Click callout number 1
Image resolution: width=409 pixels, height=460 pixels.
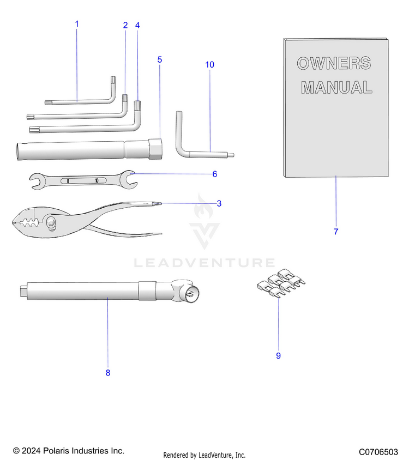(x=77, y=24)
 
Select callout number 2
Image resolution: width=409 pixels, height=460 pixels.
(x=125, y=26)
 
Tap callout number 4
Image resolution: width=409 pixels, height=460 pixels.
(x=137, y=26)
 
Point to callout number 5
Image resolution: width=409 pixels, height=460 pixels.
(x=159, y=59)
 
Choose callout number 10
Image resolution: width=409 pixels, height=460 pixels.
(x=209, y=65)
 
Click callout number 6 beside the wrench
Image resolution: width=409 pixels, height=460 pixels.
(x=215, y=174)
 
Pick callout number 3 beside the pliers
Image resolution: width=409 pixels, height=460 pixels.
(x=219, y=204)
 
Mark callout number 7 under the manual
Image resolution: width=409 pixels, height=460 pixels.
(x=336, y=232)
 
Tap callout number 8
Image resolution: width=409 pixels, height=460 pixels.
(x=107, y=373)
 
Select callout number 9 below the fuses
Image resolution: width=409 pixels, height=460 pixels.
(x=278, y=356)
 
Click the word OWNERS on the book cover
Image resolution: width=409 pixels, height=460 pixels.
(x=334, y=63)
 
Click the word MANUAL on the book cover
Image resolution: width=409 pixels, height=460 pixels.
(x=336, y=87)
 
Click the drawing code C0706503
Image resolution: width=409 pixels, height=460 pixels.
(x=378, y=452)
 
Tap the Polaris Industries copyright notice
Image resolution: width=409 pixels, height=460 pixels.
(x=69, y=451)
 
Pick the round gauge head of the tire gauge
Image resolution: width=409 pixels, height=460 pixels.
(x=189, y=294)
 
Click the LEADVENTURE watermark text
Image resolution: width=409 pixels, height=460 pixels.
(x=204, y=264)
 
